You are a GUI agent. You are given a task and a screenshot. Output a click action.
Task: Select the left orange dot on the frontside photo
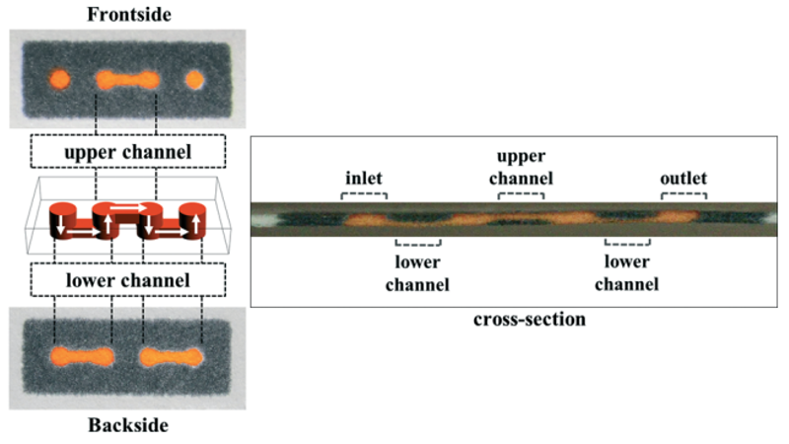point(60,78)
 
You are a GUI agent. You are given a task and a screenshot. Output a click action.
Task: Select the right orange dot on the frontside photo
point(194,78)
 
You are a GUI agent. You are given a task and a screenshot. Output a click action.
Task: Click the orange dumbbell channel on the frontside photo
point(125,78)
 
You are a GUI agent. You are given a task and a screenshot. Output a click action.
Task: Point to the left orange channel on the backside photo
point(83,354)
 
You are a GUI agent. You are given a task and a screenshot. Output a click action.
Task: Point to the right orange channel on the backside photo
point(172,354)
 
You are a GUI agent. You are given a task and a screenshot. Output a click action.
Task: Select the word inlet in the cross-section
point(364,177)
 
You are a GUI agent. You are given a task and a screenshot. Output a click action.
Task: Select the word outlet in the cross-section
point(683,177)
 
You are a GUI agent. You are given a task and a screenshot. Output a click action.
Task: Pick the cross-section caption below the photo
point(517,319)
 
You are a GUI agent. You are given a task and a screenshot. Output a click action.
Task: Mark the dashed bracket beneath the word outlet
point(683,195)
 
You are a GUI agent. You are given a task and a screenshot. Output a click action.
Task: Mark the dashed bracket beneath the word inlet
point(364,195)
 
